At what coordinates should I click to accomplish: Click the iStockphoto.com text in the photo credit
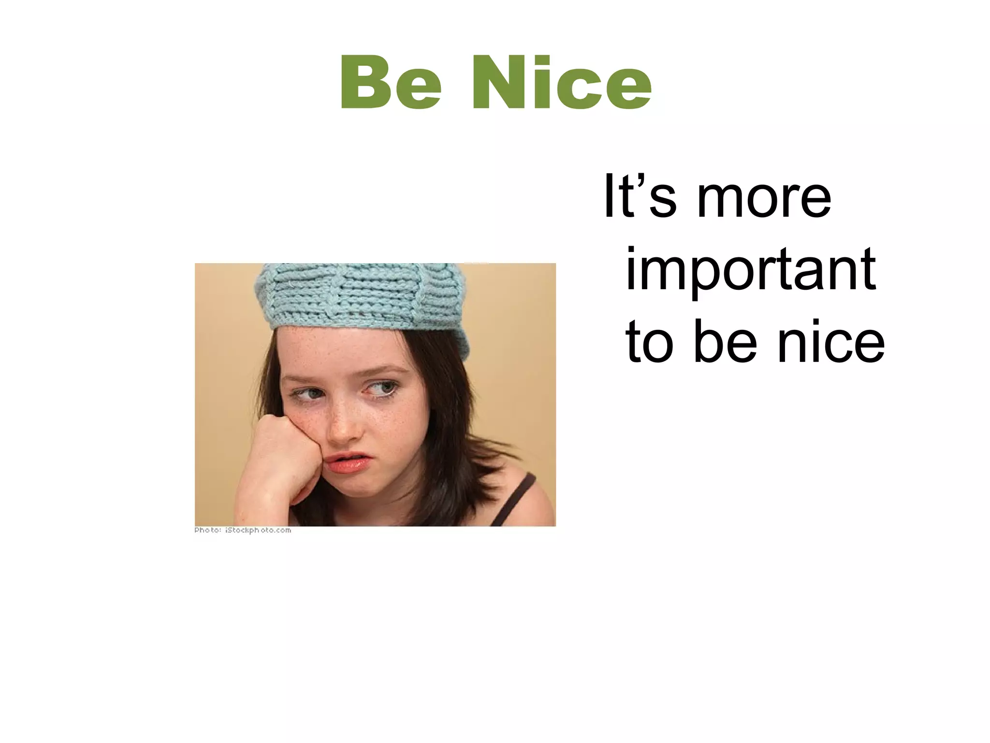pos(258,530)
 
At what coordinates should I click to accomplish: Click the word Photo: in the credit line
pos(207,530)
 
